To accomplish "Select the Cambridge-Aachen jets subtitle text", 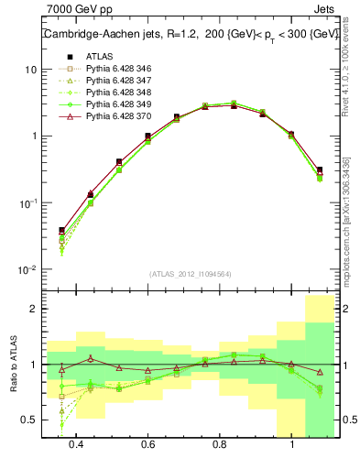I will tap(191, 35).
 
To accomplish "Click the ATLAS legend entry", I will tap(98, 57).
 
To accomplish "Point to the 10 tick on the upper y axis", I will tap(30, 71).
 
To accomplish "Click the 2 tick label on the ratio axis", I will tap(33, 310).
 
